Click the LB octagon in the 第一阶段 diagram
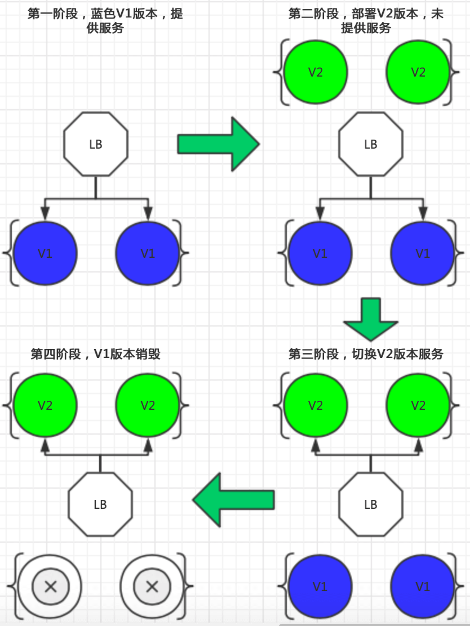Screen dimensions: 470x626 (95, 144)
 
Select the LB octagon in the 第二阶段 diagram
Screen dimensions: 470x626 (370, 144)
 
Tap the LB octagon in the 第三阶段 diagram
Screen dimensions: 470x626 (370, 504)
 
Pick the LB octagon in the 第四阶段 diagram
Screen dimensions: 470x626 (100, 504)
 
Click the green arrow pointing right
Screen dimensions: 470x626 (218, 144)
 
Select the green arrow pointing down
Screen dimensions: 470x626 (370, 319)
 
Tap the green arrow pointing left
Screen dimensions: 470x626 (234, 500)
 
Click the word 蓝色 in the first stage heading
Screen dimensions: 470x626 (103, 14)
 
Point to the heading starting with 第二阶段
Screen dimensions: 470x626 (366, 21)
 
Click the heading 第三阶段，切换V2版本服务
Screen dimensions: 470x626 (366, 354)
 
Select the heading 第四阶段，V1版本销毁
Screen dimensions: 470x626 (95, 354)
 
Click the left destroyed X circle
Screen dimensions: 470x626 (50, 587)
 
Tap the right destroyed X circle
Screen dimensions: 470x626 (152, 587)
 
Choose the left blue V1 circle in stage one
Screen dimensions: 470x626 (45, 253)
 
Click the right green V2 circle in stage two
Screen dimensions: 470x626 (418, 72)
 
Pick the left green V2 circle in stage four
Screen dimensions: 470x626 (45, 405)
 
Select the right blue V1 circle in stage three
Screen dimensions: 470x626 (423, 587)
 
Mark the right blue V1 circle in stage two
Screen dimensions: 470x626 (423, 253)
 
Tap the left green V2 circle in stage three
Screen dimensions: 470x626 (316, 405)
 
